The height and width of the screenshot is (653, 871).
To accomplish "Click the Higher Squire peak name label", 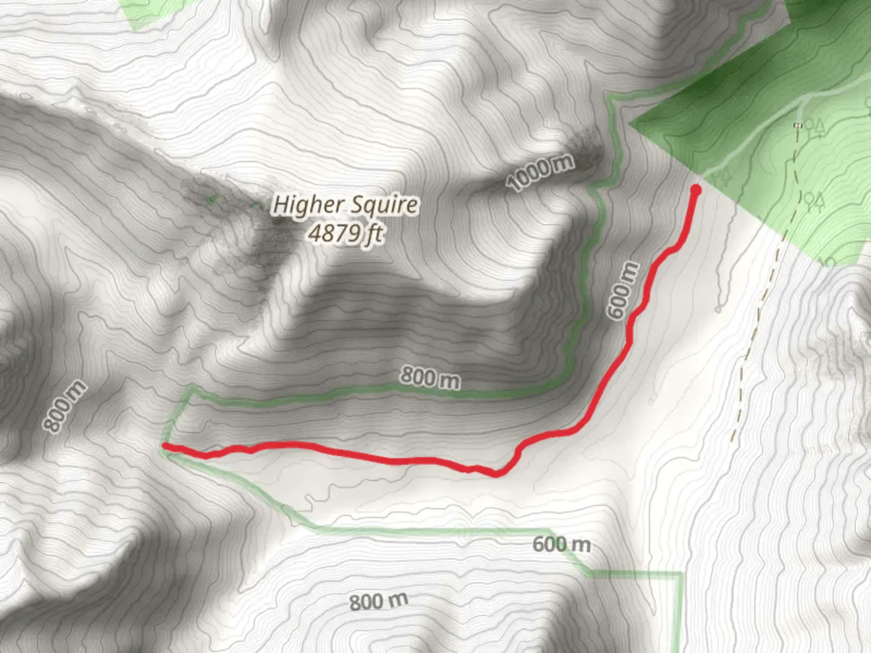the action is tap(345, 205).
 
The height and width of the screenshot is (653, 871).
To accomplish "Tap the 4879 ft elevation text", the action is tap(345, 232).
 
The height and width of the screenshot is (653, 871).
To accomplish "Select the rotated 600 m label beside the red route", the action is tap(623, 290).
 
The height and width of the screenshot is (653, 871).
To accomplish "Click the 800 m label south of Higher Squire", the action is tap(430, 378).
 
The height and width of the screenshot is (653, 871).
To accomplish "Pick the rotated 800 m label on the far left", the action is tap(65, 406).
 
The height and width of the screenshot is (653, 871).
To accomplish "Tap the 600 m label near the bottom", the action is tap(561, 544).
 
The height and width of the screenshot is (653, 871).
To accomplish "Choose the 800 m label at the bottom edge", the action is tap(379, 602).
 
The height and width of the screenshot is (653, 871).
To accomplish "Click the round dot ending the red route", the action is tap(696, 190).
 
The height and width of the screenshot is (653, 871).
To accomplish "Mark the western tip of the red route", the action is tap(165, 446).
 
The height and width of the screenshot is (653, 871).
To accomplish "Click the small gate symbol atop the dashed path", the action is tap(798, 125).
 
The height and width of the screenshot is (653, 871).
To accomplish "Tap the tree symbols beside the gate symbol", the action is tap(815, 126).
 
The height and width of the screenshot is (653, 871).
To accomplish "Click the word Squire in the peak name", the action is tap(385, 205).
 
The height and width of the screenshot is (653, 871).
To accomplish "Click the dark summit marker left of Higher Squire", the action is tap(278, 220).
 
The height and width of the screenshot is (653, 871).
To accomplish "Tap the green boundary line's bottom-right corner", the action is tap(681, 573).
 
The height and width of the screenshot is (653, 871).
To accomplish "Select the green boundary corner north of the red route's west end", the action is tap(191, 387).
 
